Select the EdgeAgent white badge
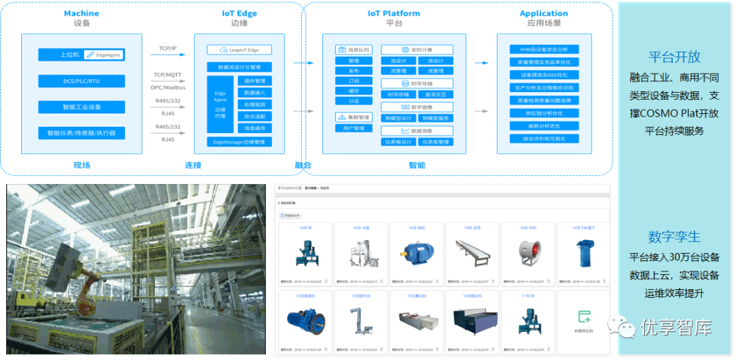(x=104, y=55)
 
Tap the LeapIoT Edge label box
(x=239, y=50)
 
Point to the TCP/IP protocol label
(x=168, y=48)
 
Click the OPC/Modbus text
(x=168, y=88)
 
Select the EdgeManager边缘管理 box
(x=239, y=142)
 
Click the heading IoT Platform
(x=394, y=13)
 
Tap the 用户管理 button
(x=354, y=128)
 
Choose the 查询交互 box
(x=435, y=95)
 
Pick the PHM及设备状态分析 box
(x=544, y=50)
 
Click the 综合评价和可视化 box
(x=544, y=138)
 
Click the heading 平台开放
(x=674, y=57)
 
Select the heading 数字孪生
(x=674, y=237)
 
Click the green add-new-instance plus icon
(x=583, y=316)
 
